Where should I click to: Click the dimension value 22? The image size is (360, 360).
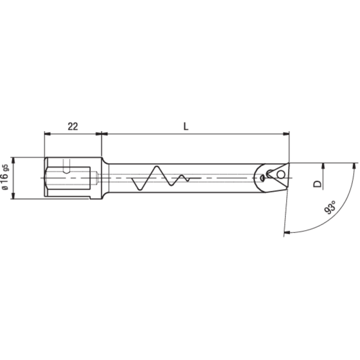73,126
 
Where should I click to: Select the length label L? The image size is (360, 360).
186,126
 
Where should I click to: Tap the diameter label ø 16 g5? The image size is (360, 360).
5,178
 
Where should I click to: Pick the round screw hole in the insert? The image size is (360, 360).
281,174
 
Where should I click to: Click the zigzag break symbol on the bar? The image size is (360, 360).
160,177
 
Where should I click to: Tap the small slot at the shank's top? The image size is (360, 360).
67,165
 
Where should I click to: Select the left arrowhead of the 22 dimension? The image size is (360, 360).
47,133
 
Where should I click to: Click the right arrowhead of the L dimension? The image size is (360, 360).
286,133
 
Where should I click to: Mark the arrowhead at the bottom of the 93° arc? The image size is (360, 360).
287,232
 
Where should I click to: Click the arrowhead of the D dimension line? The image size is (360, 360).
324,165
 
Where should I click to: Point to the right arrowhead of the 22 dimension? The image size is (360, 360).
99,133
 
